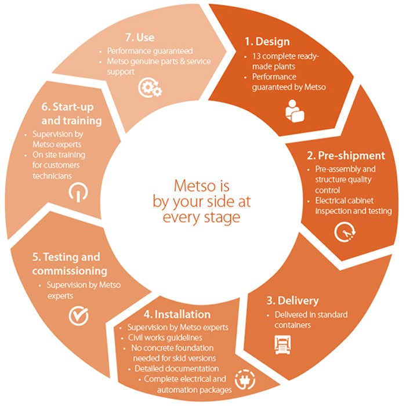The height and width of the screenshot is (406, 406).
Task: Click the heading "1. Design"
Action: [x=267, y=42]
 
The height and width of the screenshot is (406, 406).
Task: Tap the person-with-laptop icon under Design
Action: [x=295, y=111]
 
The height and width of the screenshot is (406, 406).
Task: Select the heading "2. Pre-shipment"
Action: [x=346, y=155]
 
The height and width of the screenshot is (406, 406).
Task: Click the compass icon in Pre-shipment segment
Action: [x=345, y=232]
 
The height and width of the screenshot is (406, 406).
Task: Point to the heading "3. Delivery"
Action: [x=292, y=300]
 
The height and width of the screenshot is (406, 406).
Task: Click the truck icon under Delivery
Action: [x=282, y=345]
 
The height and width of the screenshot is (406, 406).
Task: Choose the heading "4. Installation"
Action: [x=177, y=314]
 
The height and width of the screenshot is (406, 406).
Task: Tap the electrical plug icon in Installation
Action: [x=245, y=379]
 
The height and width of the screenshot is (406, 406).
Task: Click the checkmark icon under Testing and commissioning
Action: [x=78, y=316]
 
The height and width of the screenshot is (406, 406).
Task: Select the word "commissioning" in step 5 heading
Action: [x=70, y=271]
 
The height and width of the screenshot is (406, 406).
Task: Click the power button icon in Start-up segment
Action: [x=78, y=192]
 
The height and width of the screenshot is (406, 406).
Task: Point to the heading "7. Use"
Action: [x=140, y=38]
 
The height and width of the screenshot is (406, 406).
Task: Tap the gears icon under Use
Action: [x=150, y=88]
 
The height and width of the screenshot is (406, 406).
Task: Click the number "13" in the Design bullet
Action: [x=256, y=56]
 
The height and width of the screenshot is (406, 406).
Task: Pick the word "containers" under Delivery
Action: [x=292, y=325]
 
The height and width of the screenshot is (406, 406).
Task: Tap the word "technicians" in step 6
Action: [x=52, y=176]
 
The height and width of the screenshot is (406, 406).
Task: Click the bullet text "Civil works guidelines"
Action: [x=165, y=338]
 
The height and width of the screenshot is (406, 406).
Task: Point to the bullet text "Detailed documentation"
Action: [x=176, y=368]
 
